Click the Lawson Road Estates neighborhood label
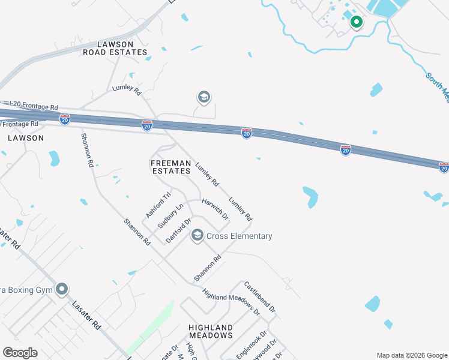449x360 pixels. [115, 47]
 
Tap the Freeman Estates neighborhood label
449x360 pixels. [170, 167]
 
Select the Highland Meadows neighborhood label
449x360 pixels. [210, 331]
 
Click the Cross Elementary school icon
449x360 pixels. [197, 236]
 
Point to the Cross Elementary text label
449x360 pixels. [240, 236]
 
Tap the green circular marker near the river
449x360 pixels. [356, 22]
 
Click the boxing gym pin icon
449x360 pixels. [62, 290]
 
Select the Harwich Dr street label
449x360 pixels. [215, 209]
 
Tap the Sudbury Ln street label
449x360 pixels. [170, 215]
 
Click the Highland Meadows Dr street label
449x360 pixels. [231, 303]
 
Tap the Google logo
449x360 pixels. [20, 353]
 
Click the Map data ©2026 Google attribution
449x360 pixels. [412, 355]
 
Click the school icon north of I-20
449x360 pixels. [203, 97]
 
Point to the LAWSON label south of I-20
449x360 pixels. [26, 138]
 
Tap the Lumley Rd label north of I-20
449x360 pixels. [126, 91]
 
